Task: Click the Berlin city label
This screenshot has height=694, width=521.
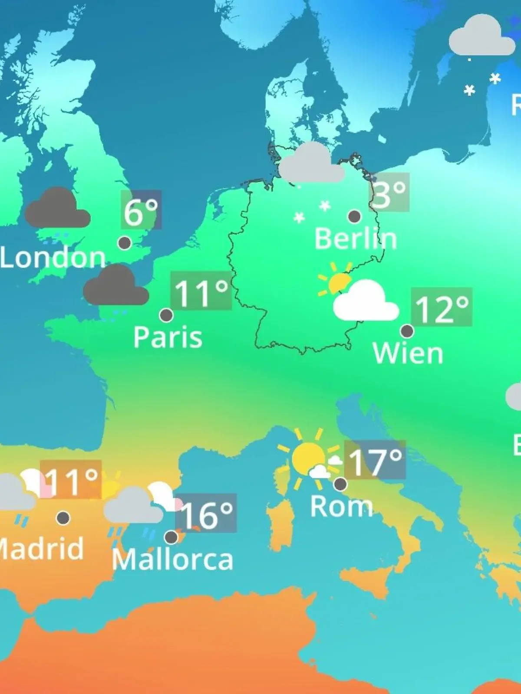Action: tap(356, 239)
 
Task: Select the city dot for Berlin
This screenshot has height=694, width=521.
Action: tap(354, 216)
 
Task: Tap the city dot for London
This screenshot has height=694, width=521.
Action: tap(125, 243)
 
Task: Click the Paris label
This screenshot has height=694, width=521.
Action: tap(168, 337)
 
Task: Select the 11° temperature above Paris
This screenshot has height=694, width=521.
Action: tap(201, 292)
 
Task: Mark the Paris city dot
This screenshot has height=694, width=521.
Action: tap(166, 315)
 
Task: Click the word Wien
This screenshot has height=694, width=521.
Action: tap(408, 354)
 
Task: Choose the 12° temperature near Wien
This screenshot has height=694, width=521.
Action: tap(442, 308)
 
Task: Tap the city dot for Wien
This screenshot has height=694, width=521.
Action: tap(407, 331)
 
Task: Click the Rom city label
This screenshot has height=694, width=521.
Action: tap(341, 506)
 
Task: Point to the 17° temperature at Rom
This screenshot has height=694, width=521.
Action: tap(375, 461)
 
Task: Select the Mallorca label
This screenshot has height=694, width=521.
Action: tap(172, 560)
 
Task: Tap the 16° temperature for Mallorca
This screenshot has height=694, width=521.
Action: tap(206, 514)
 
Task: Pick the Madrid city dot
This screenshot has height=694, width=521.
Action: tap(63, 517)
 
